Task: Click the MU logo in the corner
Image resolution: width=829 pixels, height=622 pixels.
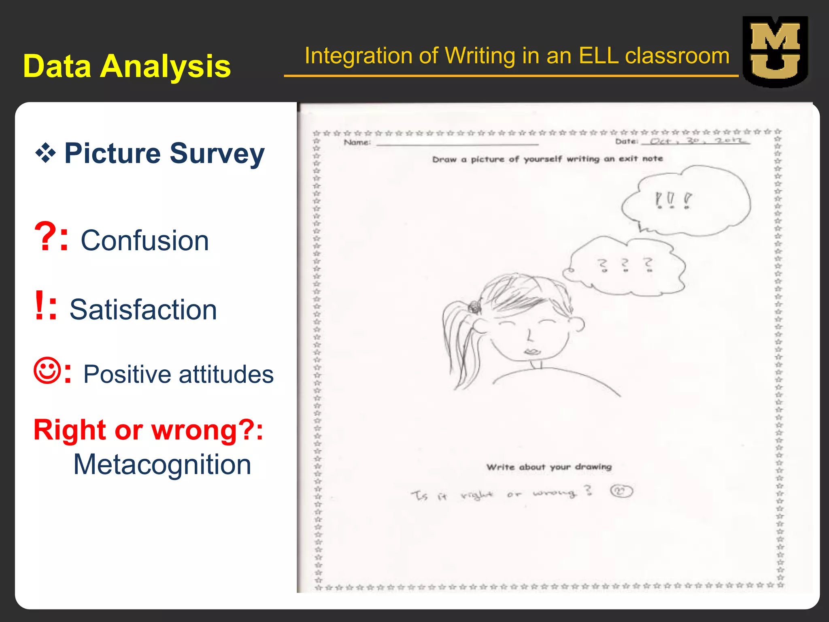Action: (x=775, y=51)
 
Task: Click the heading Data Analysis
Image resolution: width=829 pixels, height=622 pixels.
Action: (x=127, y=66)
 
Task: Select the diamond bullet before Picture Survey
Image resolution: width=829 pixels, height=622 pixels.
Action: (x=45, y=153)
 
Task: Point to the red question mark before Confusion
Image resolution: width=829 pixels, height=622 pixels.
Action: (x=45, y=237)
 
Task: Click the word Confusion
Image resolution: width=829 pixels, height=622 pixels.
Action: (x=145, y=241)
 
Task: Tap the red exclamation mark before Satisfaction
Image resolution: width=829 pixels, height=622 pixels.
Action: (x=39, y=305)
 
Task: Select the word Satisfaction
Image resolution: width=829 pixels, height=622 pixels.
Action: (x=143, y=310)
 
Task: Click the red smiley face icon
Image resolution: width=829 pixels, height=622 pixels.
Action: (x=48, y=370)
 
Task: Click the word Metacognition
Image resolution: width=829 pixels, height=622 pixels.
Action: (x=162, y=464)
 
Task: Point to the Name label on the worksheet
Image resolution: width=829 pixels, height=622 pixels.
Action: (x=357, y=142)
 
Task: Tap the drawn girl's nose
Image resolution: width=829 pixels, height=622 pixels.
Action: (x=529, y=336)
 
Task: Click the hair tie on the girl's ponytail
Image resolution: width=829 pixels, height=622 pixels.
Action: (x=474, y=307)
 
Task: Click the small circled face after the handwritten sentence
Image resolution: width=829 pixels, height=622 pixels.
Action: (x=621, y=492)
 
